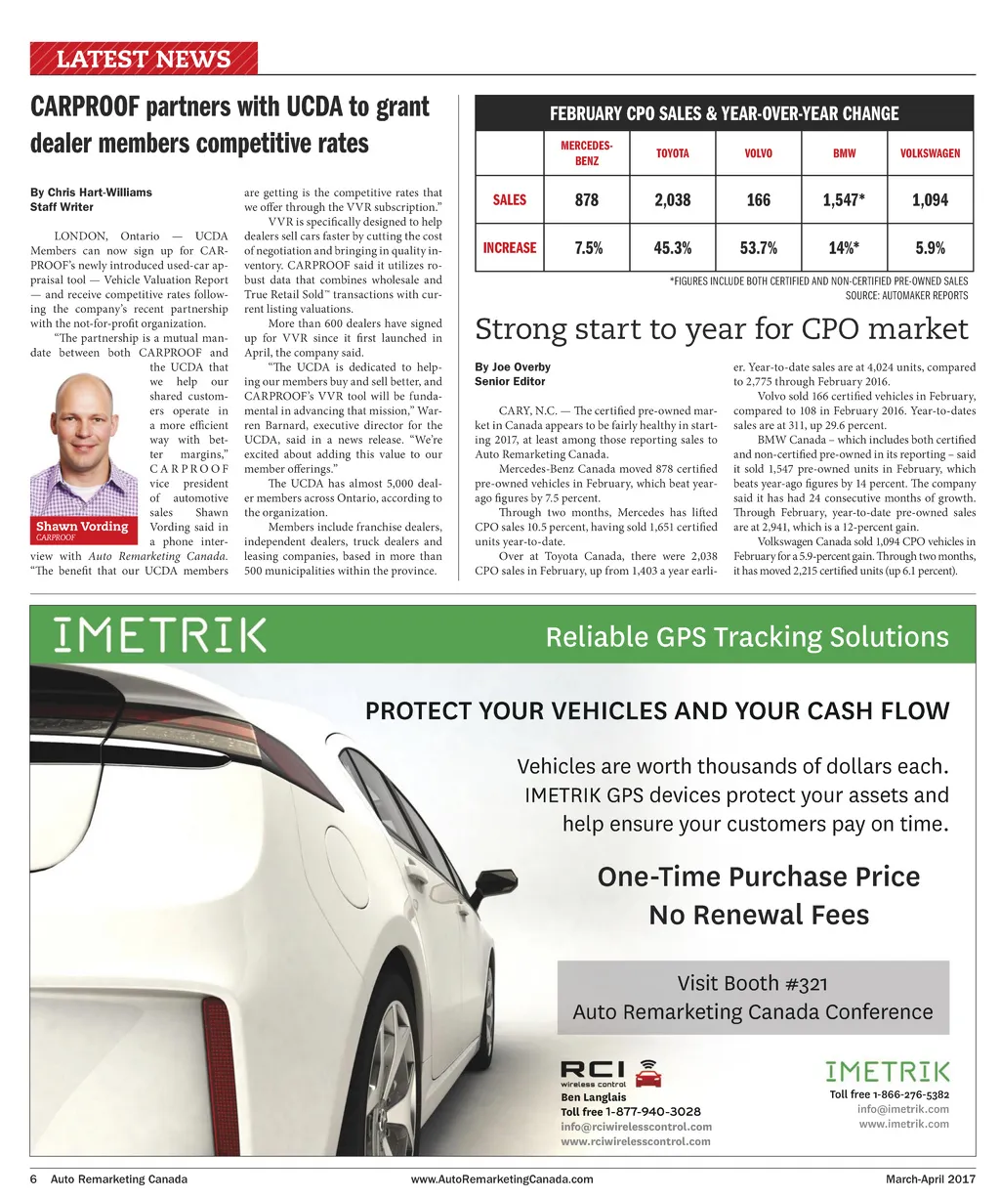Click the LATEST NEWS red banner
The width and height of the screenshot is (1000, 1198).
point(144,59)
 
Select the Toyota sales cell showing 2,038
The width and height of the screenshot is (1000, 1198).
point(672,199)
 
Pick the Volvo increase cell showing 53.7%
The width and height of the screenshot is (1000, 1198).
point(758,247)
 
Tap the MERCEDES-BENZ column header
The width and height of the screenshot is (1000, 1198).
point(586,153)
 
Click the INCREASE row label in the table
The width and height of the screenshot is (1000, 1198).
point(510,247)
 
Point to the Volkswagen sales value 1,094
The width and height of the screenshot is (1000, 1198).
point(930,199)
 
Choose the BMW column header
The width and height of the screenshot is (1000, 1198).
point(844,153)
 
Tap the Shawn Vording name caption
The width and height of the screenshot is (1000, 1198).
point(82,526)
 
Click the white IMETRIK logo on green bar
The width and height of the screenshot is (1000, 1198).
point(160,635)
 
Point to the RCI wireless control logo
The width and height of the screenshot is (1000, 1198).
point(610,1073)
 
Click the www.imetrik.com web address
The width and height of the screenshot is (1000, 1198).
point(903,1124)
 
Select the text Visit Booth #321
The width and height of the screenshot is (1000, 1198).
point(752,983)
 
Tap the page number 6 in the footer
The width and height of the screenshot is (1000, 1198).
point(32,1178)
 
